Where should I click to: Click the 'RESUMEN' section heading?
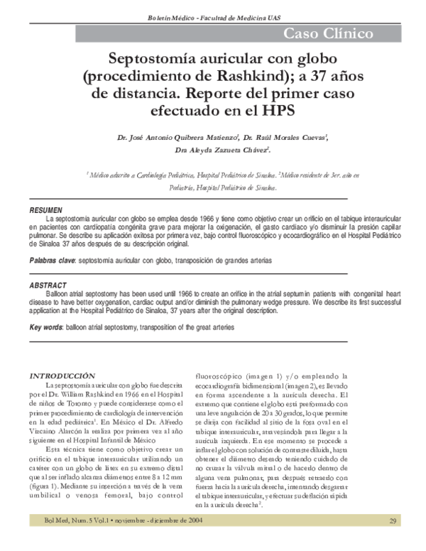[x=46, y=211]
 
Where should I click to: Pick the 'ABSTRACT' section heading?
[x=48, y=285]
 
